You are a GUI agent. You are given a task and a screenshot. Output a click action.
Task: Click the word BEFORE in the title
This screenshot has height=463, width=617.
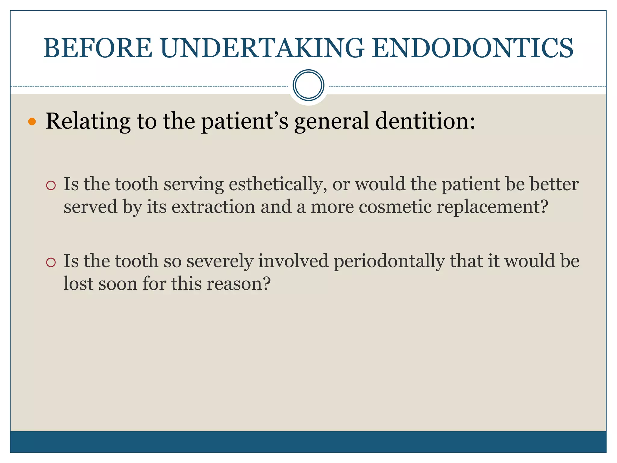98,48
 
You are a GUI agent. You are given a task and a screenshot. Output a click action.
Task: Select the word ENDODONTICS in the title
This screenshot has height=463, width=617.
472,48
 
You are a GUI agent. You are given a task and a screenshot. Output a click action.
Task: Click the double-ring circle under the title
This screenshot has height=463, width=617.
308,85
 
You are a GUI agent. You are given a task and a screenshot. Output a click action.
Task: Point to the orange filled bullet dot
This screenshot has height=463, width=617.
32,122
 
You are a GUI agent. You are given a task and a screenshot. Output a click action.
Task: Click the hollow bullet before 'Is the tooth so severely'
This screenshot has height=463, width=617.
51,262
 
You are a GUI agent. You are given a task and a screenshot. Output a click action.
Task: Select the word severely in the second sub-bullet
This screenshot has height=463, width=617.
220,261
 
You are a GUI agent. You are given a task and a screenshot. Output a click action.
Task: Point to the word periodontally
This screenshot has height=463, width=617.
389,261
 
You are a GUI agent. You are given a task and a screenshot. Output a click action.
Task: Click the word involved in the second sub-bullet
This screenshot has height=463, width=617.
293,261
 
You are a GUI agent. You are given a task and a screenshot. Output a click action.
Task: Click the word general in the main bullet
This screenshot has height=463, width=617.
332,121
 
